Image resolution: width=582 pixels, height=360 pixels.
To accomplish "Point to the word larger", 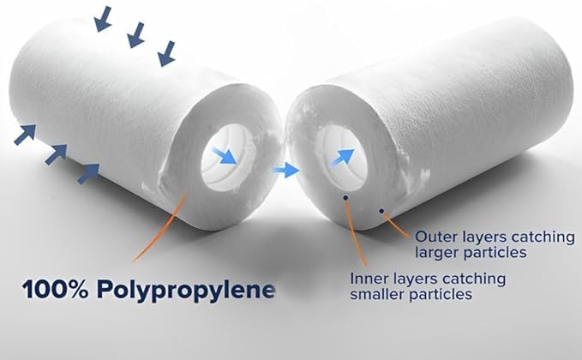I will [x=435, y=252].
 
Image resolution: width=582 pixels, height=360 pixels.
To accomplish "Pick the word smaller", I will [x=378, y=295].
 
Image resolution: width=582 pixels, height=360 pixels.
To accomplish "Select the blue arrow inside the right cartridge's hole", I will [x=343, y=155].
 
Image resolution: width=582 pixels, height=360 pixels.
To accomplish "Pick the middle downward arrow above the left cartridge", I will [x=135, y=35].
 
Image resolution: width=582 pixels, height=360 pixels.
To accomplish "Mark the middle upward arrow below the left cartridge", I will [x=56, y=155].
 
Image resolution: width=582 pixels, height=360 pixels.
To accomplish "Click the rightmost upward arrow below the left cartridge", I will [x=87, y=174].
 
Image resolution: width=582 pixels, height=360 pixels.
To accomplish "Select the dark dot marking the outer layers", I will [x=381, y=209].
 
